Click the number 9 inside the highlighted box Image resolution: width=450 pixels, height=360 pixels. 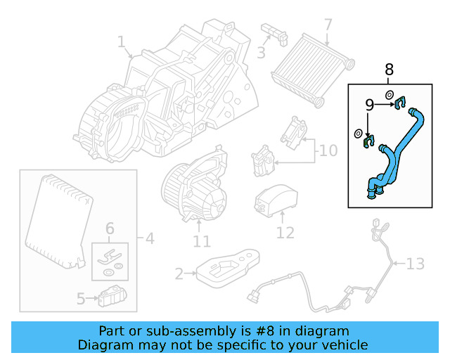point(369,105)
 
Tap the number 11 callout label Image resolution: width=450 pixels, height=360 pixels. point(201,242)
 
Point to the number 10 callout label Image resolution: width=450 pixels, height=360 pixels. point(328,150)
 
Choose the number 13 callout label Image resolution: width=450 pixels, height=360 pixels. point(416,264)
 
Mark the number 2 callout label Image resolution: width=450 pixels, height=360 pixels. point(179,274)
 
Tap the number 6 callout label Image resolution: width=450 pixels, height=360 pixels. point(109,228)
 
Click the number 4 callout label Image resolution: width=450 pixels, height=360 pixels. point(148,238)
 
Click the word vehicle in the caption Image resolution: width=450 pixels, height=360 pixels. point(344,345)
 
